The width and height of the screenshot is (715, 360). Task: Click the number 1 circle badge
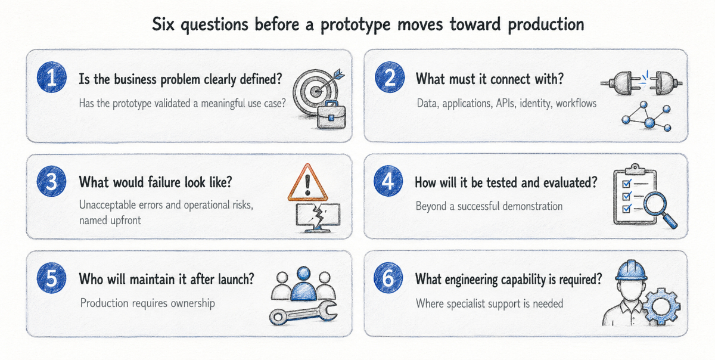pos(52,77)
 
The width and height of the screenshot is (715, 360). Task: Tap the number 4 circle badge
pos(388,181)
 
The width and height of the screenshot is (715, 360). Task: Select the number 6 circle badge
pos(388,278)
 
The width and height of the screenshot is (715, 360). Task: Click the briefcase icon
pos(331,115)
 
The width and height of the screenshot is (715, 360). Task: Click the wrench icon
pos(303,313)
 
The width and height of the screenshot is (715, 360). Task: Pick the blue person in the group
pos(303,284)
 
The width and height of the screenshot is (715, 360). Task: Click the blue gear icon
pos(661,306)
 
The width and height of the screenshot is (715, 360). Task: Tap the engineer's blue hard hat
pos(632,271)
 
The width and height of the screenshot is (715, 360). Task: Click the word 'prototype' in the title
pos(356,25)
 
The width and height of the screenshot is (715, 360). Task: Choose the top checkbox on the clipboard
pos(626,184)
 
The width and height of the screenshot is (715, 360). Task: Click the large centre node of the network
pos(649,123)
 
